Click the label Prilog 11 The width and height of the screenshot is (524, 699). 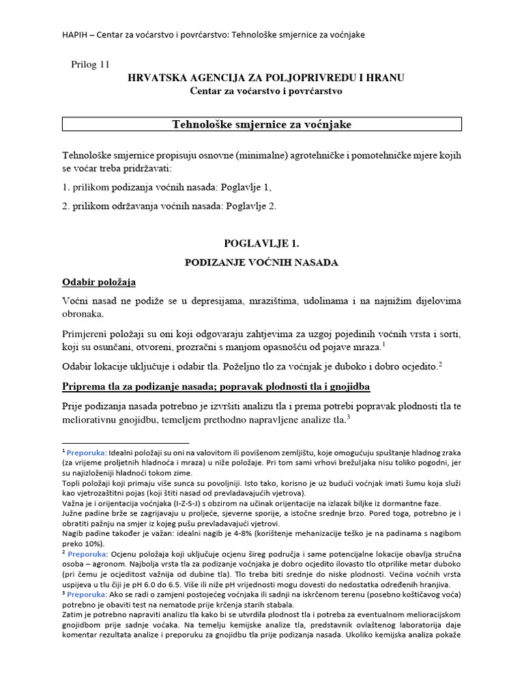(90, 64)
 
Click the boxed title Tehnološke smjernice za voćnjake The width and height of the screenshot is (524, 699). (262, 124)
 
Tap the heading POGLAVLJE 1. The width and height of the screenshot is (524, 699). (262, 243)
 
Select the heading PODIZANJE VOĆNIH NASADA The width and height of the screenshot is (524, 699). (262, 262)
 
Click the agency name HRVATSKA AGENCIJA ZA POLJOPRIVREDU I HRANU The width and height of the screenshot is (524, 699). (266, 78)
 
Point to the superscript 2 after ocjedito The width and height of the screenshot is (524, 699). (441, 365)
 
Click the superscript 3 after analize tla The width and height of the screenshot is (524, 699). (349, 418)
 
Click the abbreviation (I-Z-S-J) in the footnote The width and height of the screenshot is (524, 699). (198, 503)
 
